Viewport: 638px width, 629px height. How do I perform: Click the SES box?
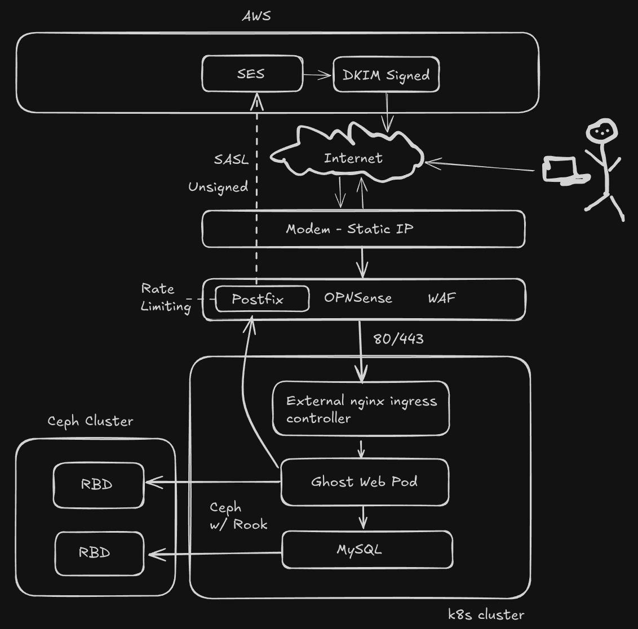(x=252, y=74)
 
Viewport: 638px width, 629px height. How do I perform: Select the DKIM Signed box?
(x=386, y=74)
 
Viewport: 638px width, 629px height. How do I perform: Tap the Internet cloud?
(x=353, y=158)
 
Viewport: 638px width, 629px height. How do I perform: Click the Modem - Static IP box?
(x=364, y=229)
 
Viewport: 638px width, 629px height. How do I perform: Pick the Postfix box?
(x=262, y=299)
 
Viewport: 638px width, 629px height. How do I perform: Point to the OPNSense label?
(x=358, y=298)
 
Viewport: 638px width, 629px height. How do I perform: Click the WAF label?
(x=442, y=298)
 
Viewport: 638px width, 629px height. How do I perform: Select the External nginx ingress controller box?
(x=361, y=409)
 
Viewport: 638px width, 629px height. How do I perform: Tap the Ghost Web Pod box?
(x=365, y=482)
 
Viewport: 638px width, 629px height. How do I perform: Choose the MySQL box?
(x=367, y=550)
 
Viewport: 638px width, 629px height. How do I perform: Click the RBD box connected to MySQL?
(x=99, y=553)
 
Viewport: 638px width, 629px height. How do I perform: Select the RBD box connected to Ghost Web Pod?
(x=99, y=485)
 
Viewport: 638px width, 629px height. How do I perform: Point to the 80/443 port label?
(x=398, y=339)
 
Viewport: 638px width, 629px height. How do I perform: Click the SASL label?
(x=231, y=159)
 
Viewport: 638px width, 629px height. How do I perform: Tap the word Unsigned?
(x=218, y=187)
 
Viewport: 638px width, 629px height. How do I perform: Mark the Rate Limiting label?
(x=165, y=297)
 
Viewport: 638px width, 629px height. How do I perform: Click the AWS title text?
(x=256, y=16)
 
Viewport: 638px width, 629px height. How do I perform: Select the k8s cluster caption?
(x=486, y=614)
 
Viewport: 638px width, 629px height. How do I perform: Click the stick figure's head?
(x=601, y=132)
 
